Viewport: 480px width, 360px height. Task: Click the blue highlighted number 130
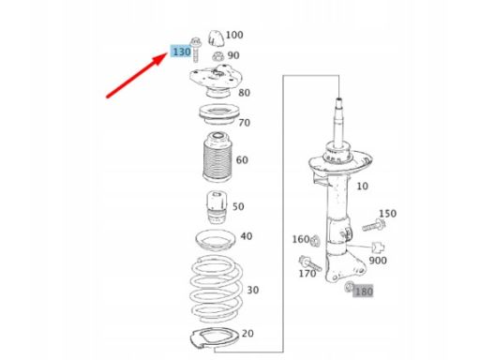[x=181, y=52]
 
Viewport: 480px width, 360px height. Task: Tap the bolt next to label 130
[x=195, y=49]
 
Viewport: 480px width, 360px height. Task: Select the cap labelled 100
[x=216, y=37]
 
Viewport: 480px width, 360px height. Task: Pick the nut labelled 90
[x=217, y=56]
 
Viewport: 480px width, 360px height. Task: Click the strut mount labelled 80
[x=216, y=80]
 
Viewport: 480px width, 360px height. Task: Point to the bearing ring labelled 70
[x=219, y=114]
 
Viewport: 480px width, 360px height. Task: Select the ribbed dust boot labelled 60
[x=217, y=157]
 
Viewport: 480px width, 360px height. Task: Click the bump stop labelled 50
[x=217, y=207]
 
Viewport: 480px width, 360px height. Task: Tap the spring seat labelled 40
[x=215, y=241]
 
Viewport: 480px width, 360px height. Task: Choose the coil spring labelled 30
[x=217, y=289]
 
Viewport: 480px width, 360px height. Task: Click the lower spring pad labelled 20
[x=215, y=338]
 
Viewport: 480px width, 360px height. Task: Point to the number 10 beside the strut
[x=362, y=187]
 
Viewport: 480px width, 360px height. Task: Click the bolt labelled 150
[x=374, y=225]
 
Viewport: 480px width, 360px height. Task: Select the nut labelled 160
[x=315, y=241]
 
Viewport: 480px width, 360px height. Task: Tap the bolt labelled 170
[x=309, y=263]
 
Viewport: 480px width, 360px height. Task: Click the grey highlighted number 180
[x=363, y=292]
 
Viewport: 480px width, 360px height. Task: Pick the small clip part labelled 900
[x=378, y=247]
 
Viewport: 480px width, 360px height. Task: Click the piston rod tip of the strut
[x=339, y=100]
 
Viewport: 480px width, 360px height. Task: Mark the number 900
[x=378, y=261]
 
